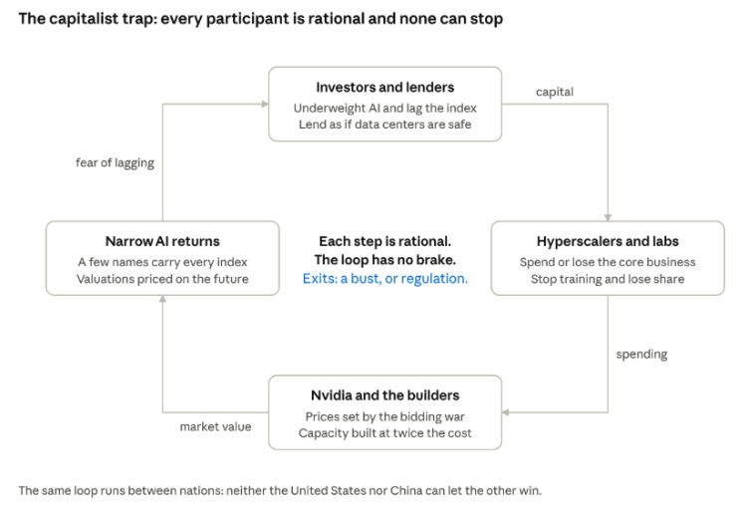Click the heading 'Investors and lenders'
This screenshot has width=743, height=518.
[384, 88]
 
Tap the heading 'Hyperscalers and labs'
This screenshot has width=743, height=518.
[608, 241]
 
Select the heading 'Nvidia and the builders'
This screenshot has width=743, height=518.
[384, 395]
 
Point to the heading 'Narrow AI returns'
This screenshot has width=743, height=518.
[162, 241]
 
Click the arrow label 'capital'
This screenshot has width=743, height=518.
[555, 92]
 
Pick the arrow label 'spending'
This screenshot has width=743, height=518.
[641, 354]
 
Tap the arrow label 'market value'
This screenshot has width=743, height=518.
[215, 426]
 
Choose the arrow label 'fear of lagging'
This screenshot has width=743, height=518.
[115, 163]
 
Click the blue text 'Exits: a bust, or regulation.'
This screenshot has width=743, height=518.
[384, 279]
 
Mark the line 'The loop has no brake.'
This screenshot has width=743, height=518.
[384, 260]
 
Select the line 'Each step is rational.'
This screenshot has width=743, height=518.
[384, 241]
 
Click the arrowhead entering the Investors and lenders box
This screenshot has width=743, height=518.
[265, 104]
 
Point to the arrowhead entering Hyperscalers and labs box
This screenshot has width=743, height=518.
[608, 217]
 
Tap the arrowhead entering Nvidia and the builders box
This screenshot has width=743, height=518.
[505, 412]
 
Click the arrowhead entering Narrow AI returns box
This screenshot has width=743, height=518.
[162, 299]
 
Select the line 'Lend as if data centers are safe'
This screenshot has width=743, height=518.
[384, 125]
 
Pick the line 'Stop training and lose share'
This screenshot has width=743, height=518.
[608, 279]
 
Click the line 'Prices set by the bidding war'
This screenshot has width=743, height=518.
[384, 416]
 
